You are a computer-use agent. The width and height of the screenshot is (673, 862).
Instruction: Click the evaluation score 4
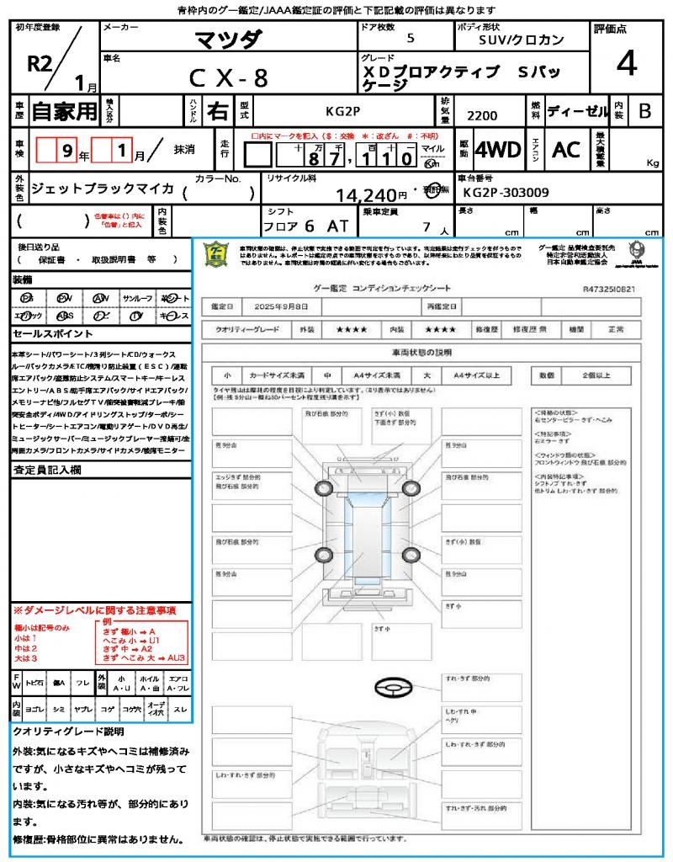click(626, 63)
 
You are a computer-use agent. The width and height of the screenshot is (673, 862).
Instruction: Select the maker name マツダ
click(229, 39)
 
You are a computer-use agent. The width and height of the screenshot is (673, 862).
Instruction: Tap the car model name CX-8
click(228, 78)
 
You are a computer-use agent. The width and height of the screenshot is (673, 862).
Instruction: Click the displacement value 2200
click(482, 116)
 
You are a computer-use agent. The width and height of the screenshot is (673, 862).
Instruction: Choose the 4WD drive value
click(498, 150)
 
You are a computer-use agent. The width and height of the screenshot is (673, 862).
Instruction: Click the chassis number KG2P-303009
click(506, 193)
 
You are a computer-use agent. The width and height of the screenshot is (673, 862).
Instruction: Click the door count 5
click(410, 39)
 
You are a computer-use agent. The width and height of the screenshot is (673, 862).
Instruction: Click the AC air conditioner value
click(566, 150)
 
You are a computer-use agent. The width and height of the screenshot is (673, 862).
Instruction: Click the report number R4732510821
click(608, 289)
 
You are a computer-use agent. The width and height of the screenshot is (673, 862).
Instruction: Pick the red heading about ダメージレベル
click(94, 609)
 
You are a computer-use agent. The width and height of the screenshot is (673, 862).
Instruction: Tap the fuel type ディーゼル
click(577, 110)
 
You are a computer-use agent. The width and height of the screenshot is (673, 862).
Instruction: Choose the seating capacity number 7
click(425, 227)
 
